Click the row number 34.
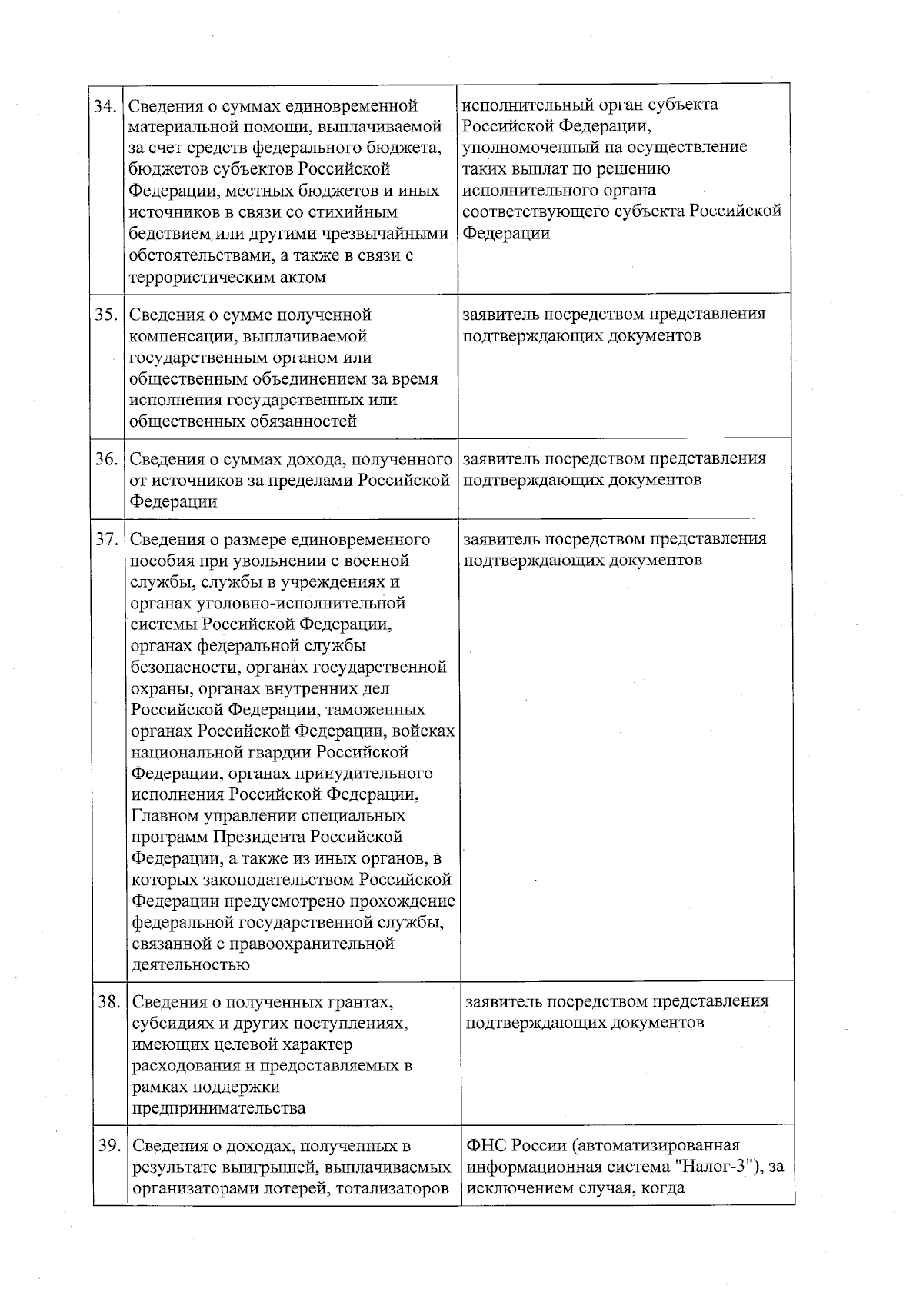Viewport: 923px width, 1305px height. coord(105,105)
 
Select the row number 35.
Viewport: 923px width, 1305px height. coord(105,315)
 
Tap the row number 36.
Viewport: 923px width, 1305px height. coord(105,459)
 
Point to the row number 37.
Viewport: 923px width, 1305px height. coord(106,539)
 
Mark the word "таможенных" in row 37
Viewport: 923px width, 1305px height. coord(378,710)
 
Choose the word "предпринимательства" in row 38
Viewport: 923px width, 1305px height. coord(219,1108)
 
